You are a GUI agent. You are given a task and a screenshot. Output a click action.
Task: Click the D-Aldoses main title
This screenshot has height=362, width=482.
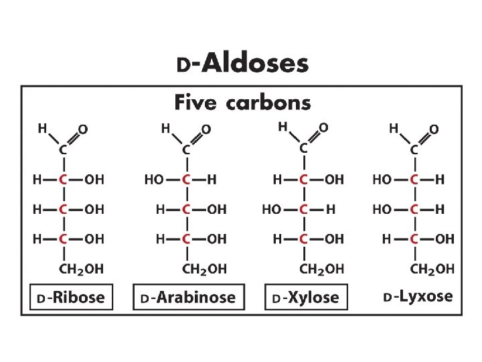[x=242, y=64]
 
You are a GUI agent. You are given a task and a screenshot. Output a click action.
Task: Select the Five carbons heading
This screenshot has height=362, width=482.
[x=242, y=103]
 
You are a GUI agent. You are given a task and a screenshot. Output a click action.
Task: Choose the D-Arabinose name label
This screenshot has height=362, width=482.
[x=189, y=298]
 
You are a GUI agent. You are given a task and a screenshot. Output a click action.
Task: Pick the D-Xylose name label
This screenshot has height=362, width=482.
[x=307, y=298]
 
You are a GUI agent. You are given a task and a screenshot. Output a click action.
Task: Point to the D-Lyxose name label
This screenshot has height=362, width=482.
[x=418, y=296]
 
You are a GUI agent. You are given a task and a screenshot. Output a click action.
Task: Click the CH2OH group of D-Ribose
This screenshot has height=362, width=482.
[x=82, y=269]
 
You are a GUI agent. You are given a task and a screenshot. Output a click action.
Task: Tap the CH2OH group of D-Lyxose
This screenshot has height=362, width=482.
[x=432, y=269]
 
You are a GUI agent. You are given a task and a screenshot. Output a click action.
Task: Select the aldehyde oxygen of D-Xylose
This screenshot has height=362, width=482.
[x=324, y=126]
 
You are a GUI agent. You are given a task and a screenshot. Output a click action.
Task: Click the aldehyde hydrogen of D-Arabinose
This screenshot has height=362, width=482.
[x=165, y=127]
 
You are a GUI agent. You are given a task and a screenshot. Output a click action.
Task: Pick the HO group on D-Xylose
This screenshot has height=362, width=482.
[x=271, y=210]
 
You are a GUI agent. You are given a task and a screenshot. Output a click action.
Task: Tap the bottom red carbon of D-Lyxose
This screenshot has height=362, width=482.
[x=415, y=239]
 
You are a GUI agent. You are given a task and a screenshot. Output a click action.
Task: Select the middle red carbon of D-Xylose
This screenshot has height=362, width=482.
[x=303, y=210]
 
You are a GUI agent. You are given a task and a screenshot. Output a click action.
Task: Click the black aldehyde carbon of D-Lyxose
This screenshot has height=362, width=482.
[x=414, y=149]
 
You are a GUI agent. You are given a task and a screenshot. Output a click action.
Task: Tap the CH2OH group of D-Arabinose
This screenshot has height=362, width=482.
[x=204, y=269]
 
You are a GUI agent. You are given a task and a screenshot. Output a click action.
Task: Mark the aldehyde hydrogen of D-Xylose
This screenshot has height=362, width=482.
[x=283, y=125]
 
